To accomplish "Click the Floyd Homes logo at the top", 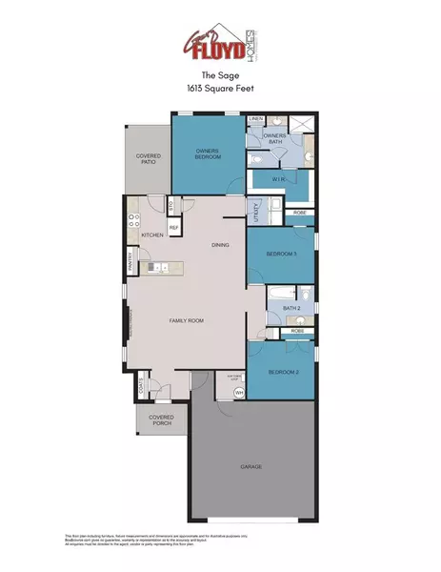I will coord(220,43).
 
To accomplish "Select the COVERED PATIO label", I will coord(147,159).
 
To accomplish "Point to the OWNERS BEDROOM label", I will coord(208,153).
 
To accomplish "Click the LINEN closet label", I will coord(255,119).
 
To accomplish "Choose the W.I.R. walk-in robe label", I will coord(280,177).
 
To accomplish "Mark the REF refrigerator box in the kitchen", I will coord(174,228).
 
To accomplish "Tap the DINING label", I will coord(220,245).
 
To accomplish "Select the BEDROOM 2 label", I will coord(284,371).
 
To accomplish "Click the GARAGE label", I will coord(251,466).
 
